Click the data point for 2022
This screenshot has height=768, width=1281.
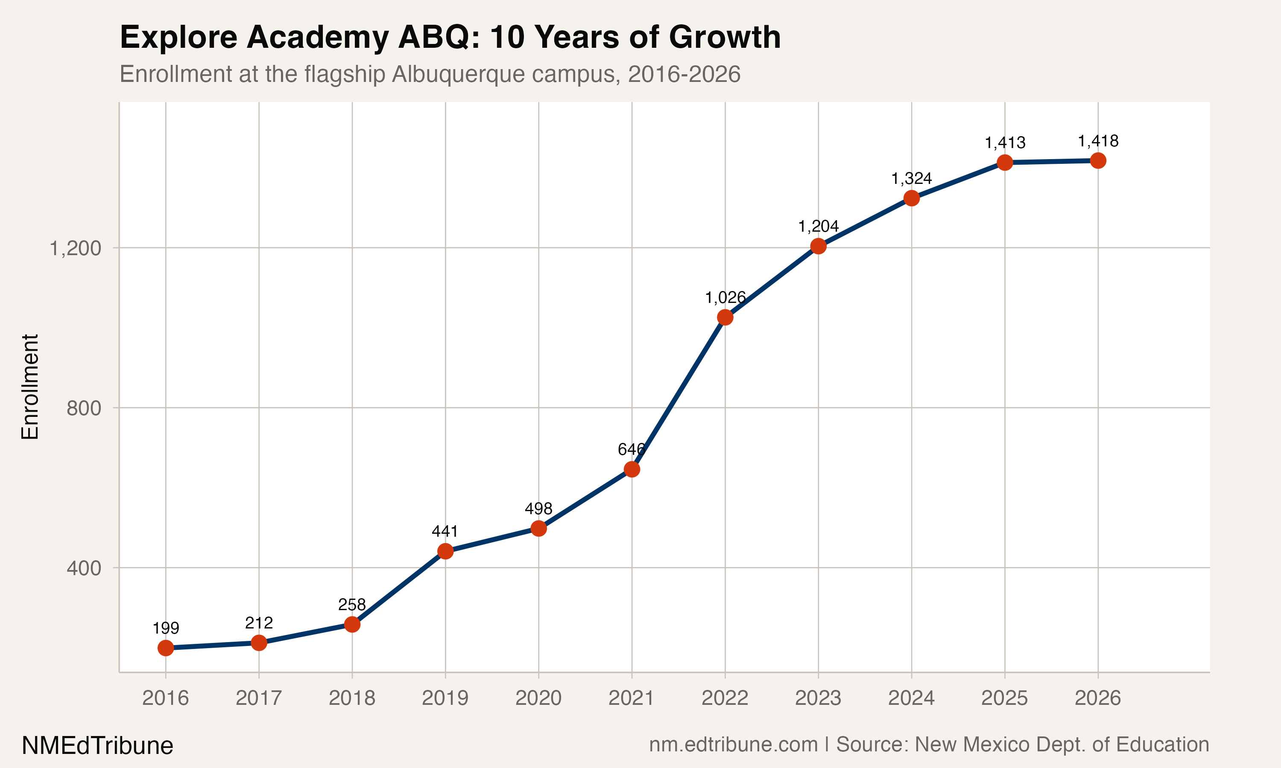pyautogui.click(x=725, y=317)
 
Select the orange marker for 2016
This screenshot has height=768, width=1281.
pyautogui.click(x=166, y=648)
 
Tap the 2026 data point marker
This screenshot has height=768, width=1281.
pyautogui.click(x=1098, y=160)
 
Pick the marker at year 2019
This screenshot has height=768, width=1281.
pyautogui.click(x=445, y=551)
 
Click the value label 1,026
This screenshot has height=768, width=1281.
pyautogui.click(x=725, y=297)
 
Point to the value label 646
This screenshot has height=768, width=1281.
pyautogui.click(x=631, y=449)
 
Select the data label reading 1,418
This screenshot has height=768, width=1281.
pyautogui.click(x=1098, y=141)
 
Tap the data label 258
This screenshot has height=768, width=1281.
pyautogui.click(x=352, y=605)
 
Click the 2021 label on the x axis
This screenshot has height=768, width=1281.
pyautogui.click(x=631, y=698)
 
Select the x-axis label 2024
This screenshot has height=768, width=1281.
pyautogui.click(x=911, y=698)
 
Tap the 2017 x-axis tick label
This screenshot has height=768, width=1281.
pyautogui.click(x=259, y=698)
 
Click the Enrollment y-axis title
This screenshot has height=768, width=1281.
pyautogui.click(x=30, y=387)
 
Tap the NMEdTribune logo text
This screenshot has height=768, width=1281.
pyautogui.click(x=97, y=746)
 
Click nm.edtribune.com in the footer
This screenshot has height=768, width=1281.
pyautogui.click(x=733, y=745)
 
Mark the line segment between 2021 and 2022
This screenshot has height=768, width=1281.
pyautogui.click(x=679, y=393)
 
